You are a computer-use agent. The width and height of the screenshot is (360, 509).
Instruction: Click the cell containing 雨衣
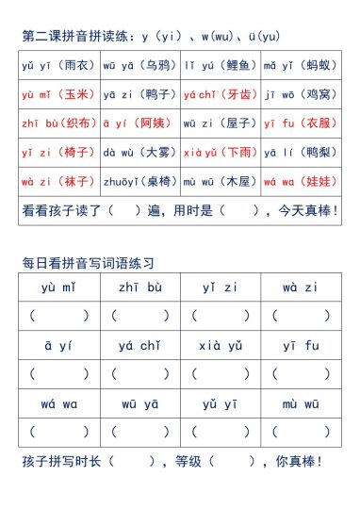(x=58, y=66)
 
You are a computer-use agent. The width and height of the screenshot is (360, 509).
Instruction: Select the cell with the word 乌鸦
(x=139, y=66)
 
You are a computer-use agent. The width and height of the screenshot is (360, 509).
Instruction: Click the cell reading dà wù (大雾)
(x=139, y=149)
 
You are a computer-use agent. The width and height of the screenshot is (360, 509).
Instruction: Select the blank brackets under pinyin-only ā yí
(x=58, y=374)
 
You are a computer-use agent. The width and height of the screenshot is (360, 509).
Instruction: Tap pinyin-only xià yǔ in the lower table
(x=221, y=346)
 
